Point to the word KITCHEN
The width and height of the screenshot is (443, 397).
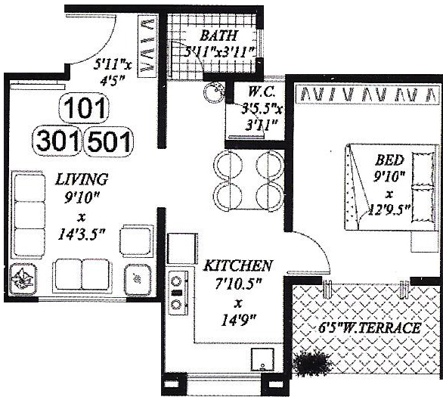(237, 266)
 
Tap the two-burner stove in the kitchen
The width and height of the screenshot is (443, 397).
(177, 292)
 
